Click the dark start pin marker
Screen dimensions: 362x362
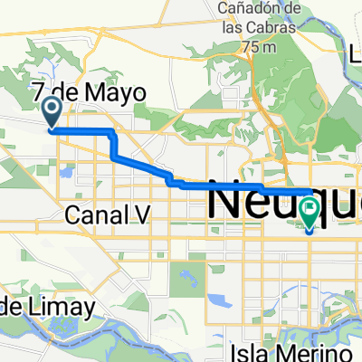coord(52,112)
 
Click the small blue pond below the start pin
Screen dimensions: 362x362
coord(66,168)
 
